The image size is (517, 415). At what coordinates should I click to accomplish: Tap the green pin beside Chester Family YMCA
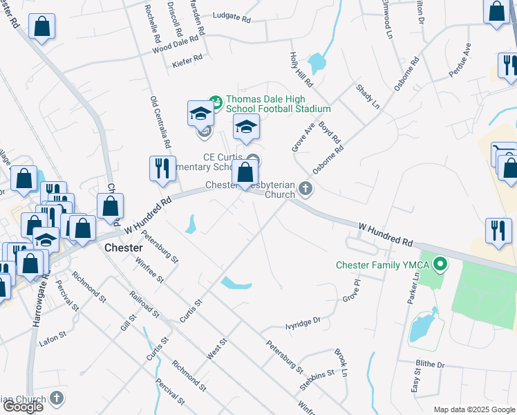click(x=440, y=265)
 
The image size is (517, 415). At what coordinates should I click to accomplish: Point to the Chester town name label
click(x=123, y=248)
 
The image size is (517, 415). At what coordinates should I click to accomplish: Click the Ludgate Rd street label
click(x=232, y=15)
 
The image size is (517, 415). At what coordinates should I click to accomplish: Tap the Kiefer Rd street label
click(x=188, y=59)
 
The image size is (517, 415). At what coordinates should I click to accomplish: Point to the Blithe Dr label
click(x=431, y=364)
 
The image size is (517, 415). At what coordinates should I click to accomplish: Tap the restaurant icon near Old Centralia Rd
click(x=162, y=169)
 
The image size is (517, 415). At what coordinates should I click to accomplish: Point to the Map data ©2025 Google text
click(x=474, y=409)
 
